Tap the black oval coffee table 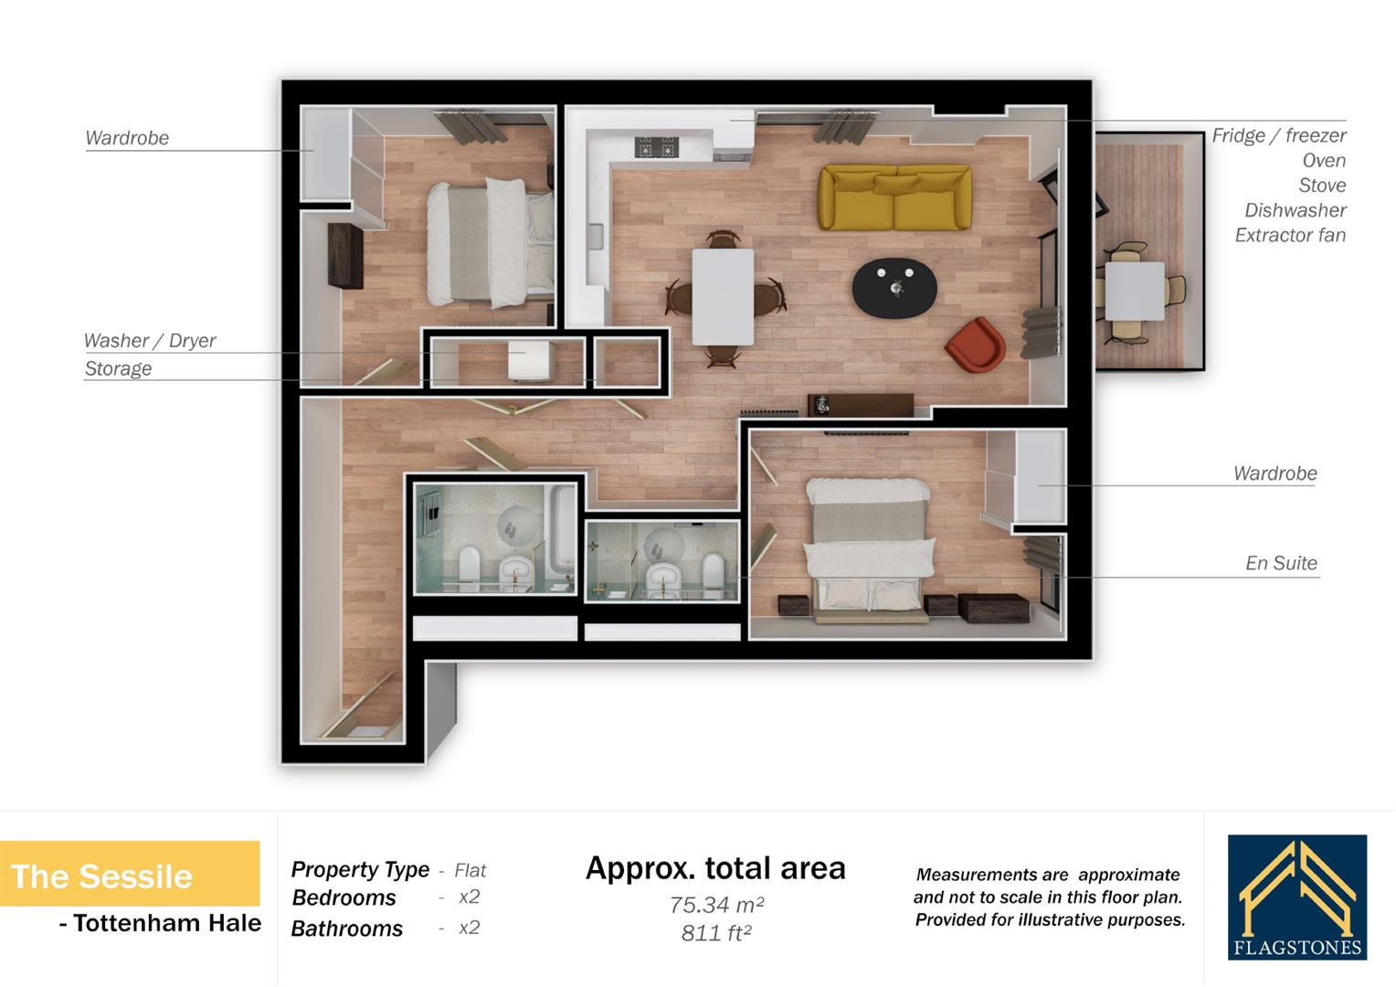(894, 288)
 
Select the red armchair (976, 345)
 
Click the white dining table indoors (723, 295)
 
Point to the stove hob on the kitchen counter (656, 147)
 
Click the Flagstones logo (1296, 897)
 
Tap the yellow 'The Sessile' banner (129, 875)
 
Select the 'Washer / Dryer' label (150, 341)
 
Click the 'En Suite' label (1281, 563)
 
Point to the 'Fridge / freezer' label (1278, 135)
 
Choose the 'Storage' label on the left (118, 368)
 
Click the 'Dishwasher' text (1295, 210)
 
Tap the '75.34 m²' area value (716, 905)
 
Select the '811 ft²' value (716, 933)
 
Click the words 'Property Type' (360, 869)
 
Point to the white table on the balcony (1135, 290)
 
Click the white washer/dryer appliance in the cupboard (530, 361)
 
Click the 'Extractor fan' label (1290, 235)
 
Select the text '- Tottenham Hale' (160, 924)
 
